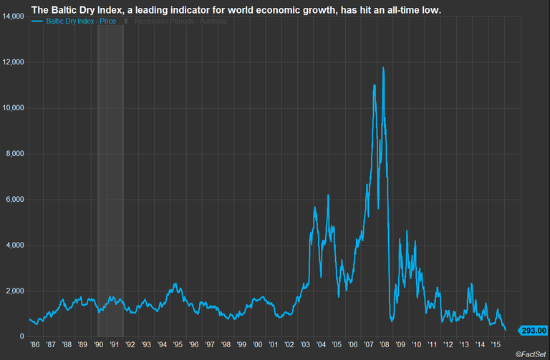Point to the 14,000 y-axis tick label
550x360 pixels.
coord(14,16)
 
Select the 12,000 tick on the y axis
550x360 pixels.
coord(14,62)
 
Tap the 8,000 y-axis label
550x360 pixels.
coord(16,154)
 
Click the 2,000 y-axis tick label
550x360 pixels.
coord(16,291)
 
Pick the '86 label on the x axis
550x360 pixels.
coord(35,345)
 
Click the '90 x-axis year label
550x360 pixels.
coord(100,345)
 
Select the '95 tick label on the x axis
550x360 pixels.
coord(179,345)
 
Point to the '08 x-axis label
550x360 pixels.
coord(385,345)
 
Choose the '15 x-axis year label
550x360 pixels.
coord(496,345)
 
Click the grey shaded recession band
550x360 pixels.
coord(110,179)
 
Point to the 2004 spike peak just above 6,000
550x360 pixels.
coord(328,195)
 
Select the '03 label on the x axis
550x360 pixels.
coord(306,345)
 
